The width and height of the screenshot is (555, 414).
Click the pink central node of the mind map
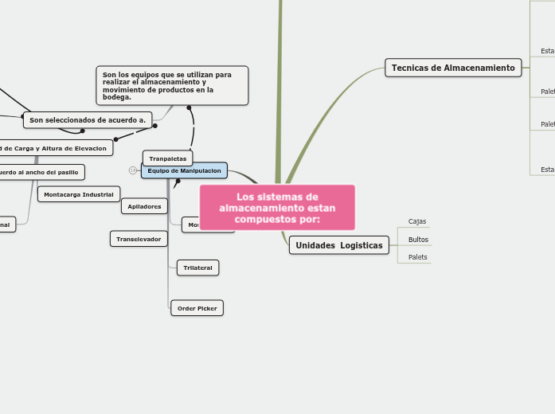(x=277, y=207)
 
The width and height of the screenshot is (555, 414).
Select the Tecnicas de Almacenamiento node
(x=453, y=68)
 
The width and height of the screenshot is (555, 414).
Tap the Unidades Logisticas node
(x=338, y=245)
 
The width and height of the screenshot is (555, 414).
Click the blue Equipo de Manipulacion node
(x=184, y=170)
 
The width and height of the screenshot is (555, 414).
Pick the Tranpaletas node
(x=167, y=158)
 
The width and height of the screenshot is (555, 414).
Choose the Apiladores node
(x=144, y=206)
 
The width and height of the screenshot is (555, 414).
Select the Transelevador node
(x=139, y=239)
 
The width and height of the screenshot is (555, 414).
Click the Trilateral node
(x=197, y=268)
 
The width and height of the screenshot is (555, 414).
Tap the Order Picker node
(x=197, y=308)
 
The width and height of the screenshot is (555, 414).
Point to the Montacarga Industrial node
(x=78, y=194)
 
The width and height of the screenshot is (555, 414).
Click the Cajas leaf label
(x=417, y=221)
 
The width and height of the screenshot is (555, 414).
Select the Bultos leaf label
(x=418, y=240)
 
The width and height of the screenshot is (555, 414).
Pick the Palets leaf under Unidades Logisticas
(x=417, y=257)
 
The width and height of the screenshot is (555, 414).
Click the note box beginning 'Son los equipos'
(x=172, y=86)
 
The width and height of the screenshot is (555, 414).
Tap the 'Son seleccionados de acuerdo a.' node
(x=88, y=120)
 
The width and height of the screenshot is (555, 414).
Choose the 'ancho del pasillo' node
(x=40, y=172)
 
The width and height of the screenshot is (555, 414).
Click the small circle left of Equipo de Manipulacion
(x=133, y=170)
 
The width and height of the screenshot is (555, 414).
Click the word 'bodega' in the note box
(x=116, y=97)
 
